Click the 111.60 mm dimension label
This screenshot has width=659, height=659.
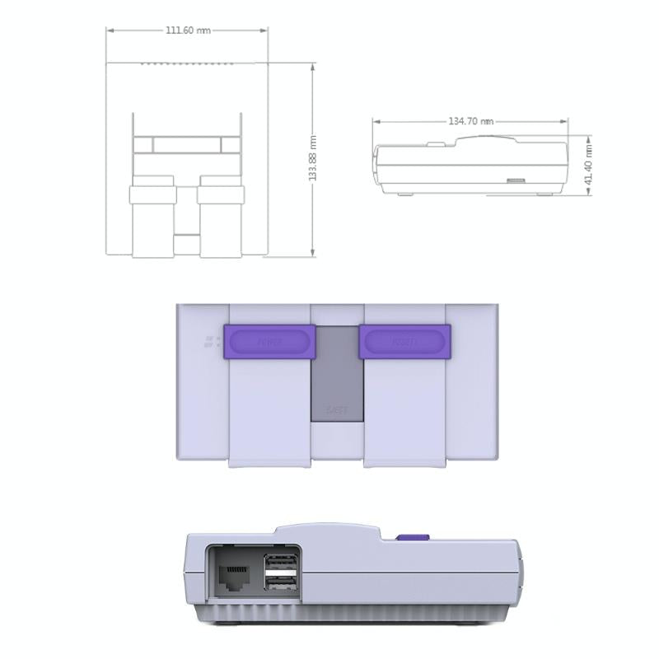tap(188, 30)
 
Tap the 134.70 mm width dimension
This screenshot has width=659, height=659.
tap(470, 121)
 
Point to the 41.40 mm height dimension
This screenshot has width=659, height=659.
tap(589, 165)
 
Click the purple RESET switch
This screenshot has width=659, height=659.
tap(404, 342)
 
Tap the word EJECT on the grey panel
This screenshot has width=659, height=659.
tap(336, 409)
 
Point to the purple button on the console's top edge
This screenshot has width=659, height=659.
tap(413, 538)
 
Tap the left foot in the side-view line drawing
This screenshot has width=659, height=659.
tap(404, 194)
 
